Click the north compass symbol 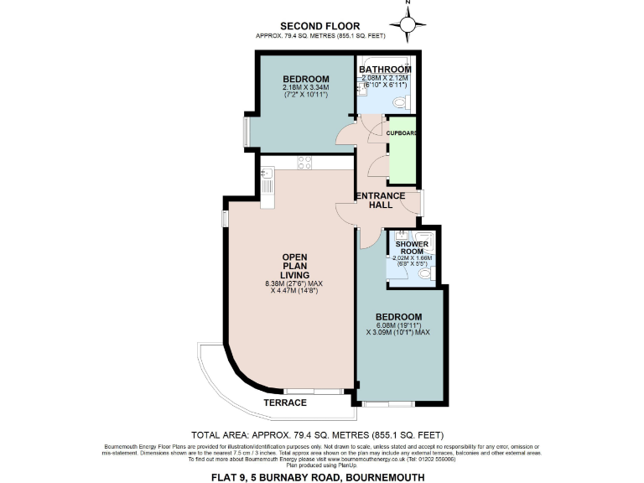click(x=408, y=26)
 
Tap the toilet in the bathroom click(x=401, y=101)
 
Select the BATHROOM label click(x=386, y=69)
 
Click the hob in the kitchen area click(x=304, y=163)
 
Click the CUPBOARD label click(x=402, y=132)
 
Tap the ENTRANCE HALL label click(x=381, y=200)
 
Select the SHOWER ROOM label click(x=412, y=247)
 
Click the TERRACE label click(x=285, y=403)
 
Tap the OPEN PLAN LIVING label click(x=295, y=266)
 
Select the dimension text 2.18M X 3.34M click(x=306, y=87)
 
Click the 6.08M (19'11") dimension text click(x=397, y=325)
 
